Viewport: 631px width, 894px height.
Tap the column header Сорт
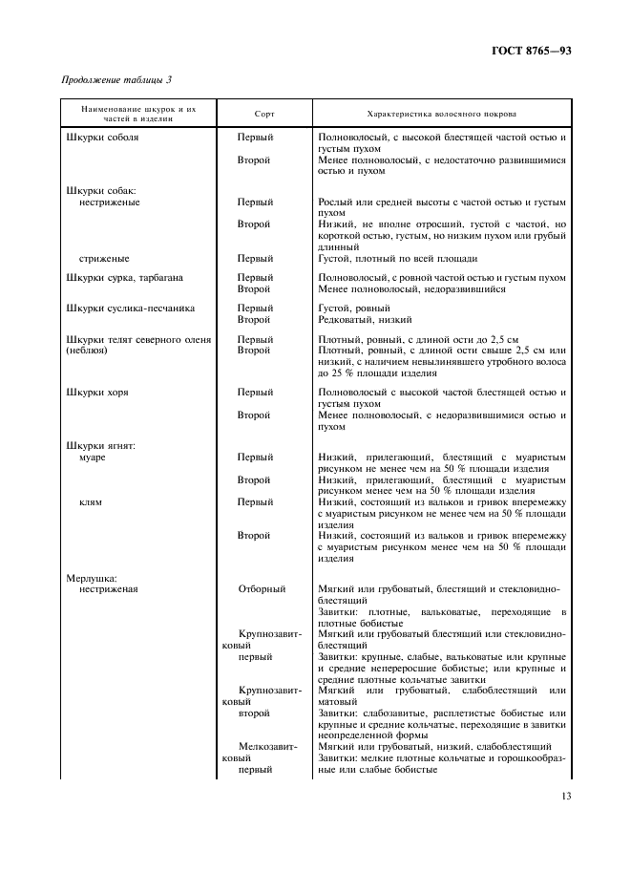coord(264,114)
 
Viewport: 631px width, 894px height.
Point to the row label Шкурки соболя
coord(101,138)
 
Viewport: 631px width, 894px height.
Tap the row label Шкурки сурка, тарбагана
coord(124,278)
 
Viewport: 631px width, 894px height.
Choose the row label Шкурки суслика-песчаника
coord(130,309)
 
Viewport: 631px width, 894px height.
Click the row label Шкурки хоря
coord(96,393)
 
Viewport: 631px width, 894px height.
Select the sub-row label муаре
coord(92,458)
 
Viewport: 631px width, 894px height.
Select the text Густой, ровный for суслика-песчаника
coord(353,309)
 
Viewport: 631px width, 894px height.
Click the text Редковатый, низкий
coord(365,320)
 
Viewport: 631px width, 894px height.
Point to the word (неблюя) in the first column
coord(86,351)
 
